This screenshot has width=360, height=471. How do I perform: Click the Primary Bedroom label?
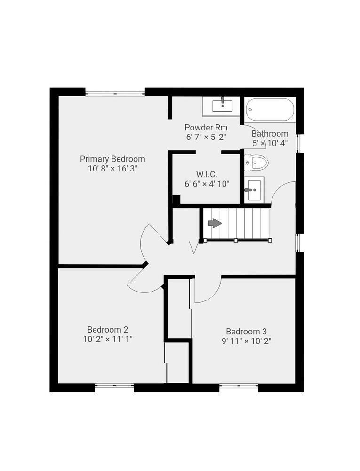[112, 159]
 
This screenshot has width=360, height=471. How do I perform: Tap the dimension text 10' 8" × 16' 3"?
[112, 169]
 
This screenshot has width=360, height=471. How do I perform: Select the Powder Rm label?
[206, 127]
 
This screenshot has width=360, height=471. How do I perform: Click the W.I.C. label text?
[207, 174]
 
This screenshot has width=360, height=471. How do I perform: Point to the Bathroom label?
[270, 133]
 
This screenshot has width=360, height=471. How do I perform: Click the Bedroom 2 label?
[108, 330]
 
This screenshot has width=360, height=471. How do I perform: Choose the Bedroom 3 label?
[246, 331]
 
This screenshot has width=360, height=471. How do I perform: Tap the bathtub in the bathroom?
[270, 110]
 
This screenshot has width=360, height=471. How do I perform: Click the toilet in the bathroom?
[256, 162]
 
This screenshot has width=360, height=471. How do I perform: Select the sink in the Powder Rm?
[222, 106]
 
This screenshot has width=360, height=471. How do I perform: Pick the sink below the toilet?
[254, 190]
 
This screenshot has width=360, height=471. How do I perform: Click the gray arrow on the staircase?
[215, 223]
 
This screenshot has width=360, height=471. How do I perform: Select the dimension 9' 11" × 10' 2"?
[246, 341]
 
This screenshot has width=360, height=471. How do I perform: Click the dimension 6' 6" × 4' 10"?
[207, 184]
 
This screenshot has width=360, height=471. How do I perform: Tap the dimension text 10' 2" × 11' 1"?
[108, 339]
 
